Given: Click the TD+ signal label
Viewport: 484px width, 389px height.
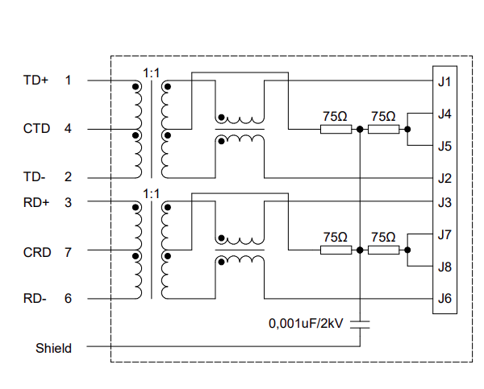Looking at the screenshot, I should pyautogui.click(x=35, y=81).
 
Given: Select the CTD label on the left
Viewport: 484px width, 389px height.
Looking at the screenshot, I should pyautogui.click(x=36, y=129).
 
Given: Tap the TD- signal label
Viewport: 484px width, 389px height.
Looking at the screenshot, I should pyautogui.click(x=35, y=177).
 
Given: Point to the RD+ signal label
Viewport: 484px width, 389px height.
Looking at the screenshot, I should pyautogui.click(x=36, y=202).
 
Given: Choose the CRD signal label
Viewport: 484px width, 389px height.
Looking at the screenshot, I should pyautogui.click(x=36, y=252).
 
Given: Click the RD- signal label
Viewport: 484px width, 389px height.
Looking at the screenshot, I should pyautogui.click(x=35, y=299).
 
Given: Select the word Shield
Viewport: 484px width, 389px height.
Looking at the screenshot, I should pyautogui.click(x=53, y=348).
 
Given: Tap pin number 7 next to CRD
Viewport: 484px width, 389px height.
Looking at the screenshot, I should pyautogui.click(x=68, y=252).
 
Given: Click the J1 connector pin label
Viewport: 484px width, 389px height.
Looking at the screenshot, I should pyautogui.click(x=444, y=81).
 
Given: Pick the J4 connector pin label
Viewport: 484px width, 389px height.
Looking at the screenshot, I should pyautogui.click(x=444, y=114).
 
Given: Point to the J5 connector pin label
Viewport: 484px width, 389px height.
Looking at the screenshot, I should pyautogui.click(x=444, y=147).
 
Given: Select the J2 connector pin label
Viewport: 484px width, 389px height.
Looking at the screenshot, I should pyautogui.click(x=444, y=178).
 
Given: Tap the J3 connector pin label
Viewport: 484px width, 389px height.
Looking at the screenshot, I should pyautogui.click(x=444, y=202).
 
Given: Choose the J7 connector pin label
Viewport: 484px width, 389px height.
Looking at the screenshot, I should pyautogui.click(x=444, y=235).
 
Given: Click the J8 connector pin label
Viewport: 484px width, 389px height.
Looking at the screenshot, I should pyautogui.click(x=444, y=267).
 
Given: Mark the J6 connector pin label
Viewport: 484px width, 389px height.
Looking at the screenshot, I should pyautogui.click(x=444, y=299).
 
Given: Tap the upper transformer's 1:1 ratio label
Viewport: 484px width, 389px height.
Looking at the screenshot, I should pyautogui.click(x=151, y=72).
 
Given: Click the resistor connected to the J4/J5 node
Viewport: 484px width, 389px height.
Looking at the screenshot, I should pyautogui.click(x=383, y=129).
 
